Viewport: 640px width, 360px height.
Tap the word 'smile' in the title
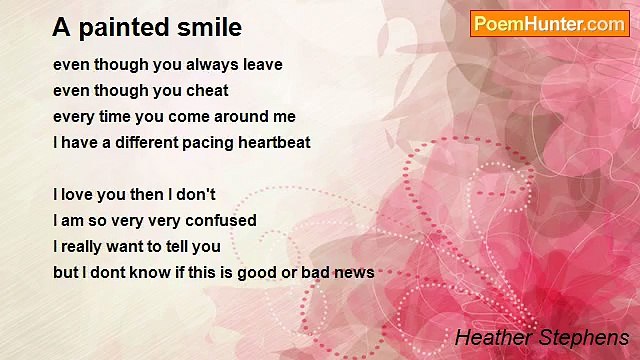[x=209, y=26]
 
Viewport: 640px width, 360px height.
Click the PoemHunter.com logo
[x=549, y=24]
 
